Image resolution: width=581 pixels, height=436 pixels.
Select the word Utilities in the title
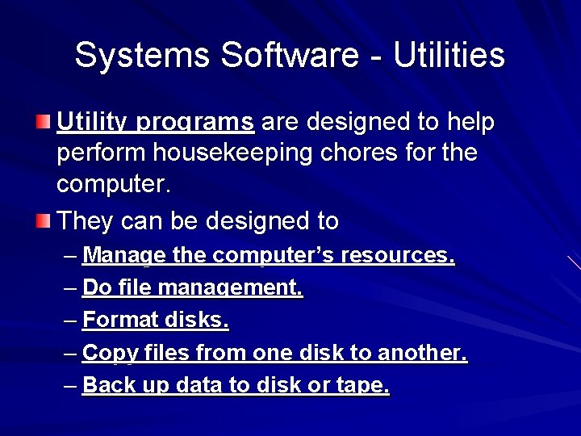pos(449,56)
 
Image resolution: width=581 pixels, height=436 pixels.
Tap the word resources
pos(399,256)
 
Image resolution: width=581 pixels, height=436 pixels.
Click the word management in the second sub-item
pos(231,288)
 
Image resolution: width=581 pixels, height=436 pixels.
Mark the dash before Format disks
pos(70,321)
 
